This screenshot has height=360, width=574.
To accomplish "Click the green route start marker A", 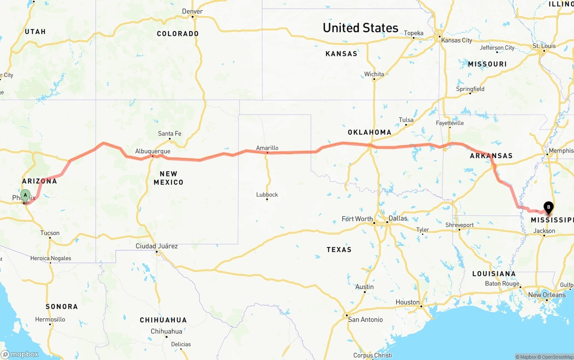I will pos(26,195).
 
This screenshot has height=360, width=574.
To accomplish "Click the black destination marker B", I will pos(548,207).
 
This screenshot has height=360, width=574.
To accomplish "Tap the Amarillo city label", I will pos(267,147).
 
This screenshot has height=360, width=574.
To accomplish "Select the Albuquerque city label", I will pos(153,151).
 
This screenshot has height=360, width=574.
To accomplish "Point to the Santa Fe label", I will pos(170,133).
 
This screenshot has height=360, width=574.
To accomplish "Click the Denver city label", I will pos(192,11).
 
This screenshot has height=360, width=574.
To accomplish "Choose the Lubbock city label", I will pos(267,195).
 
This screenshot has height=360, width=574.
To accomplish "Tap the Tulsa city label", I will pos(406,120).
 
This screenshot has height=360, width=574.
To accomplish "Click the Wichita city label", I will pos(374,74).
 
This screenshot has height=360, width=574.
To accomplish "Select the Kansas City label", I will pos(457,40).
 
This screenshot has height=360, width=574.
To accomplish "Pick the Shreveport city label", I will pos(459,225).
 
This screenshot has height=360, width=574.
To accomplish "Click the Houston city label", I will pos(408,302).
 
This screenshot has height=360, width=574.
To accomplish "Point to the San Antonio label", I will pos(365,319).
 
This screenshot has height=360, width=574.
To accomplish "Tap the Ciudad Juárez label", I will pos(157,246).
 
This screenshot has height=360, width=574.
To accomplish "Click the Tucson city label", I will pos(50,233).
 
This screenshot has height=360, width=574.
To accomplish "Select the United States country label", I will pos(361,28).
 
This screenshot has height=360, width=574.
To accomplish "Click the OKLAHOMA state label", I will pos(370,132).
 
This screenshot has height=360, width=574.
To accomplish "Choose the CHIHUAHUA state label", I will pos(163,320).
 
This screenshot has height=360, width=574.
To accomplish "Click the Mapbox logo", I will pos(20,354).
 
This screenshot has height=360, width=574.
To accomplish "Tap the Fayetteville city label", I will pos(450,123).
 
